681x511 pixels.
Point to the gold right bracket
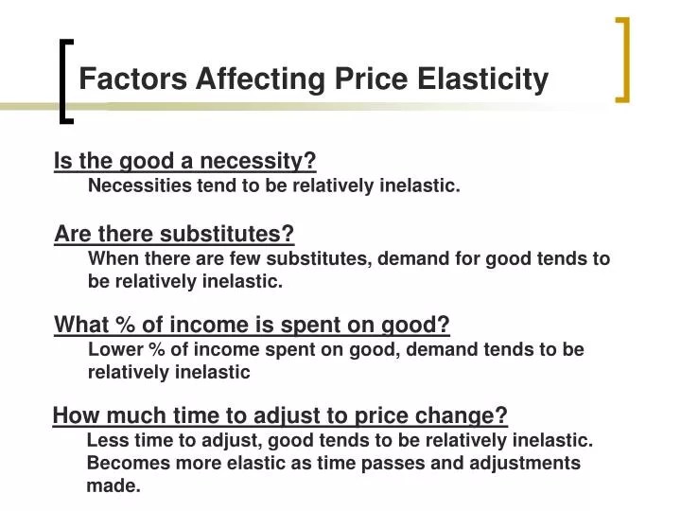[x=621, y=59]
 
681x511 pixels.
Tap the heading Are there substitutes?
[x=175, y=234]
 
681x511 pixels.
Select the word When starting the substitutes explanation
[x=112, y=258]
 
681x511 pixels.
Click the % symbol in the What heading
[x=123, y=326]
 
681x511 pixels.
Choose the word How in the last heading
[x=74, y=415]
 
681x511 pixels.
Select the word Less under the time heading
[x=105, y=440]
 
